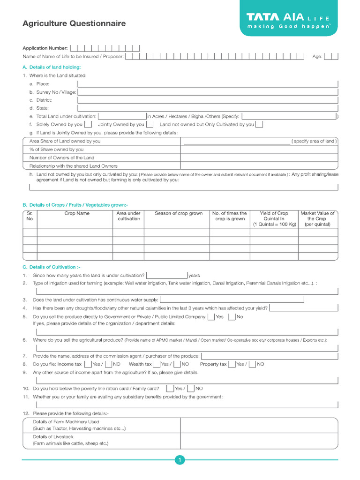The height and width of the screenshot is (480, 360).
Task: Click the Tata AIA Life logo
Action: click(x=289, y=22)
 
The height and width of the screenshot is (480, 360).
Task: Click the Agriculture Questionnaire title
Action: click(x=74, y=23)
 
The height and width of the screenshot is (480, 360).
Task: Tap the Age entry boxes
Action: click(x=331, y=56)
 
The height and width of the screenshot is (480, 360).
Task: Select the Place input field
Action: click(x=208, y=83)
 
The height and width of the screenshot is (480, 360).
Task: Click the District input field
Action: click(x=208, y=100)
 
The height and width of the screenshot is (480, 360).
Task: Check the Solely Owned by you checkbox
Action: click(x=88, y=124)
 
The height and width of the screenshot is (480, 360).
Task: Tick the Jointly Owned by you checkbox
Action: click(x=150, y=124)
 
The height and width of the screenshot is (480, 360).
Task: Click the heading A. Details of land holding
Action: click(x=52, y=67)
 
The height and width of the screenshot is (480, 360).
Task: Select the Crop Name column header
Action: click(x=76, y=213)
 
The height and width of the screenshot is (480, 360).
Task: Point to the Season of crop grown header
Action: click(x=179, y=213)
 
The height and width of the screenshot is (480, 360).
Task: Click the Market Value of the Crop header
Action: click(x=317, y=218)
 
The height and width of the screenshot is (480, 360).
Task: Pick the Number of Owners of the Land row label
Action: click(x=61, y=158)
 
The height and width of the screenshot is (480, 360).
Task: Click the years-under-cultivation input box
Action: click(x=166, y=275)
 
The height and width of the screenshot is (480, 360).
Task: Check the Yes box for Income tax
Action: click(x=88, y=364)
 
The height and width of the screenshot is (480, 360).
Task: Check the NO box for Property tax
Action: click(x=252, y=364)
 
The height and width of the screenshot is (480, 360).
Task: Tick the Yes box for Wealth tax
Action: click(x=157, y=364)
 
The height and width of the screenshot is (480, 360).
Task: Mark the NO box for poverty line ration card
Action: click(x=191, y=388)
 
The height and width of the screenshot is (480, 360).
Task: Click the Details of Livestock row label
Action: click(x=53, y=436)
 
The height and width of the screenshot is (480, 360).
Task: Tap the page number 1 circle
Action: click(x=180, y=460)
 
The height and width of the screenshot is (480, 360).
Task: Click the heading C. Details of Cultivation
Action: click(x=52, y=267)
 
